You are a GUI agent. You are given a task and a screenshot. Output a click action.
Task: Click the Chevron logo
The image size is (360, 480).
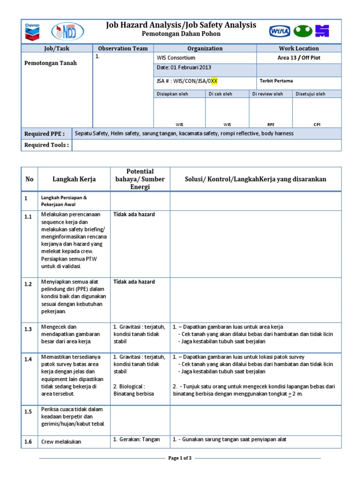point(32,31)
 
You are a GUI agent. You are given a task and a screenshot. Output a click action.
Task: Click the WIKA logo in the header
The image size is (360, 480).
point(280,31)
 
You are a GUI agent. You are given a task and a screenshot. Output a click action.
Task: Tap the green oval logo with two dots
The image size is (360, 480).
point(303,31)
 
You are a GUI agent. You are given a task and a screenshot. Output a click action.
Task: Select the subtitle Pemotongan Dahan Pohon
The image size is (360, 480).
point(181,34)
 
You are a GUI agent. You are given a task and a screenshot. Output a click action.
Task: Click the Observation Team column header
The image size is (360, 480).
point(123,48)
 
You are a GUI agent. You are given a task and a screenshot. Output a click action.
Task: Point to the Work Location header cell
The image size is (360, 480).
point(299,48)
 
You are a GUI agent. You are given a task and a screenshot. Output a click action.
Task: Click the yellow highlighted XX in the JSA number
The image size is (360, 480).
point(214,81)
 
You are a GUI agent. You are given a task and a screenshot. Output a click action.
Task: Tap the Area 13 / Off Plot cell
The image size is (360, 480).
point(299,58)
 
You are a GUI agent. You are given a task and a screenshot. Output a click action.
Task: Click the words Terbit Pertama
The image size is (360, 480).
point(276,81)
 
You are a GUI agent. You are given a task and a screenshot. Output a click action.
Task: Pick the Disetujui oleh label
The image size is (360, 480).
point(310,94)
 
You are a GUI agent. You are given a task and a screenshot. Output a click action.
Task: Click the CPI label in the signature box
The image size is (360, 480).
point(317,125)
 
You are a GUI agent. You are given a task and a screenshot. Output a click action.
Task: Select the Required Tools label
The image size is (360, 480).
point(46,145)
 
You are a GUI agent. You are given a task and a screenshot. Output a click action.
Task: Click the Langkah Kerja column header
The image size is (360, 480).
point(74,179)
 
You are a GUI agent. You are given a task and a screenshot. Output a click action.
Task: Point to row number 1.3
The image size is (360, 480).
point(28,330)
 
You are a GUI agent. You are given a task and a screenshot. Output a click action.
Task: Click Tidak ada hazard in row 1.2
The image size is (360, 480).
point(134,282)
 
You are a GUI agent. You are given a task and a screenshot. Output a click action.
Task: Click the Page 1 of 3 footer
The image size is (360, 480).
point(180,458)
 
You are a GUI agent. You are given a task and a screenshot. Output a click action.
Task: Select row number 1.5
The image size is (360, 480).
point(28,412)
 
